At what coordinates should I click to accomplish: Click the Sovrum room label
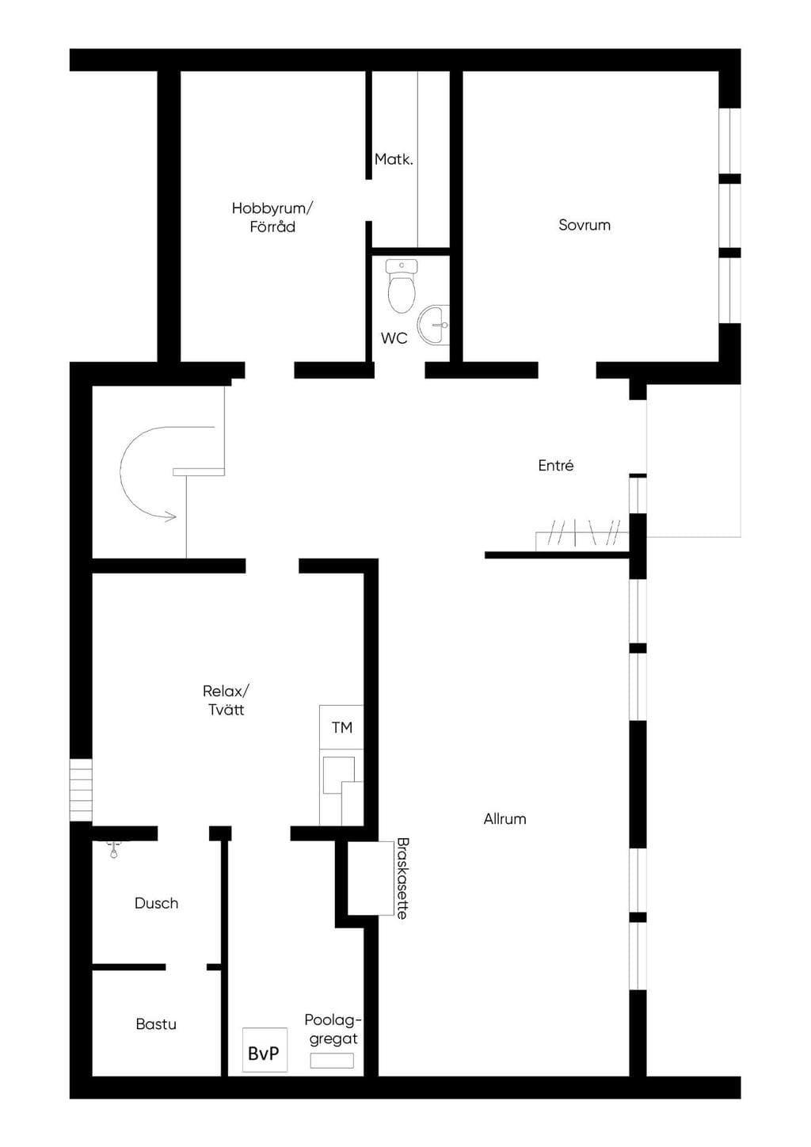click(x=584, y=225)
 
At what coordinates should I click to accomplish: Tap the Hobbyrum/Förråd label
click(x=272, y=217)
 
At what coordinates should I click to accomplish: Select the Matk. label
click(x=394, y=159)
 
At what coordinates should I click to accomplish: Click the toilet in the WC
click(x=402, y=286)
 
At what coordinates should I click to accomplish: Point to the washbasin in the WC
click(x=433, y=325)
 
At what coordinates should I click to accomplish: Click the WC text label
click(x=394, y=338)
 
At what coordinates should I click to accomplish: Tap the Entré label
click(x=556, y=466)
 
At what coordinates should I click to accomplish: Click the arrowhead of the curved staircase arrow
click(x=171, y=516)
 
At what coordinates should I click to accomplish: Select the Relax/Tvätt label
click(x=226, y=700)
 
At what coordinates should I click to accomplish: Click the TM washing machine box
click(x=341, y=726)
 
